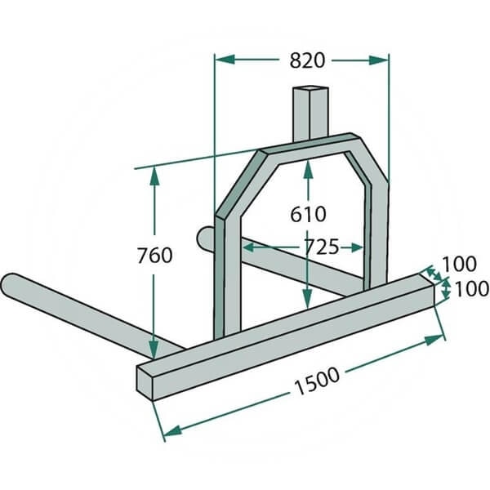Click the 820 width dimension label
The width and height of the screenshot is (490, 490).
307,60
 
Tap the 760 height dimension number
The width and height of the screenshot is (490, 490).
154,255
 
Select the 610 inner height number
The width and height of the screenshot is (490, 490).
308,214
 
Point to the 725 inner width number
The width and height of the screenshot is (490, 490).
321,247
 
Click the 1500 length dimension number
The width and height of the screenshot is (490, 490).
317,381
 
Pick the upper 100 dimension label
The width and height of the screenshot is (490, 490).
459,264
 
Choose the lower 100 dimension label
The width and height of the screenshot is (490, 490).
471,288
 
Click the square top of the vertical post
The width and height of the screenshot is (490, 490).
310,90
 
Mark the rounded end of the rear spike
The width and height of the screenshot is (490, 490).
203,238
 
